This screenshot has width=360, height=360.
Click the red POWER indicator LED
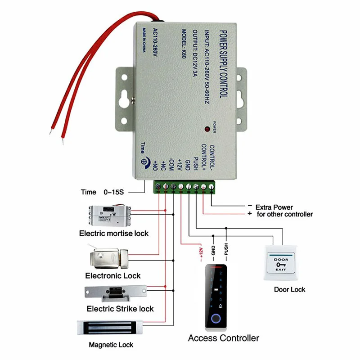tap(207, 129)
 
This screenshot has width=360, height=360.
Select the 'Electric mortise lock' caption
tap(113, 234)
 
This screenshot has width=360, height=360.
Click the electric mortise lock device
tap(110, 216)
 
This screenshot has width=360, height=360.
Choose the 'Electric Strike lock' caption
tap(120, 309)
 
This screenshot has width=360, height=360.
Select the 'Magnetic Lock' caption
tap(111, 345)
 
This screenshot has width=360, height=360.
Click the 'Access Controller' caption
tap(223, 338)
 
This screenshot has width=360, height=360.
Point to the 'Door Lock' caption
tap(289, 289)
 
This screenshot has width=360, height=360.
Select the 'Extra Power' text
tap(274, 207)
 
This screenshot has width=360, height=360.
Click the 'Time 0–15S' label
tap(102, 192)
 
